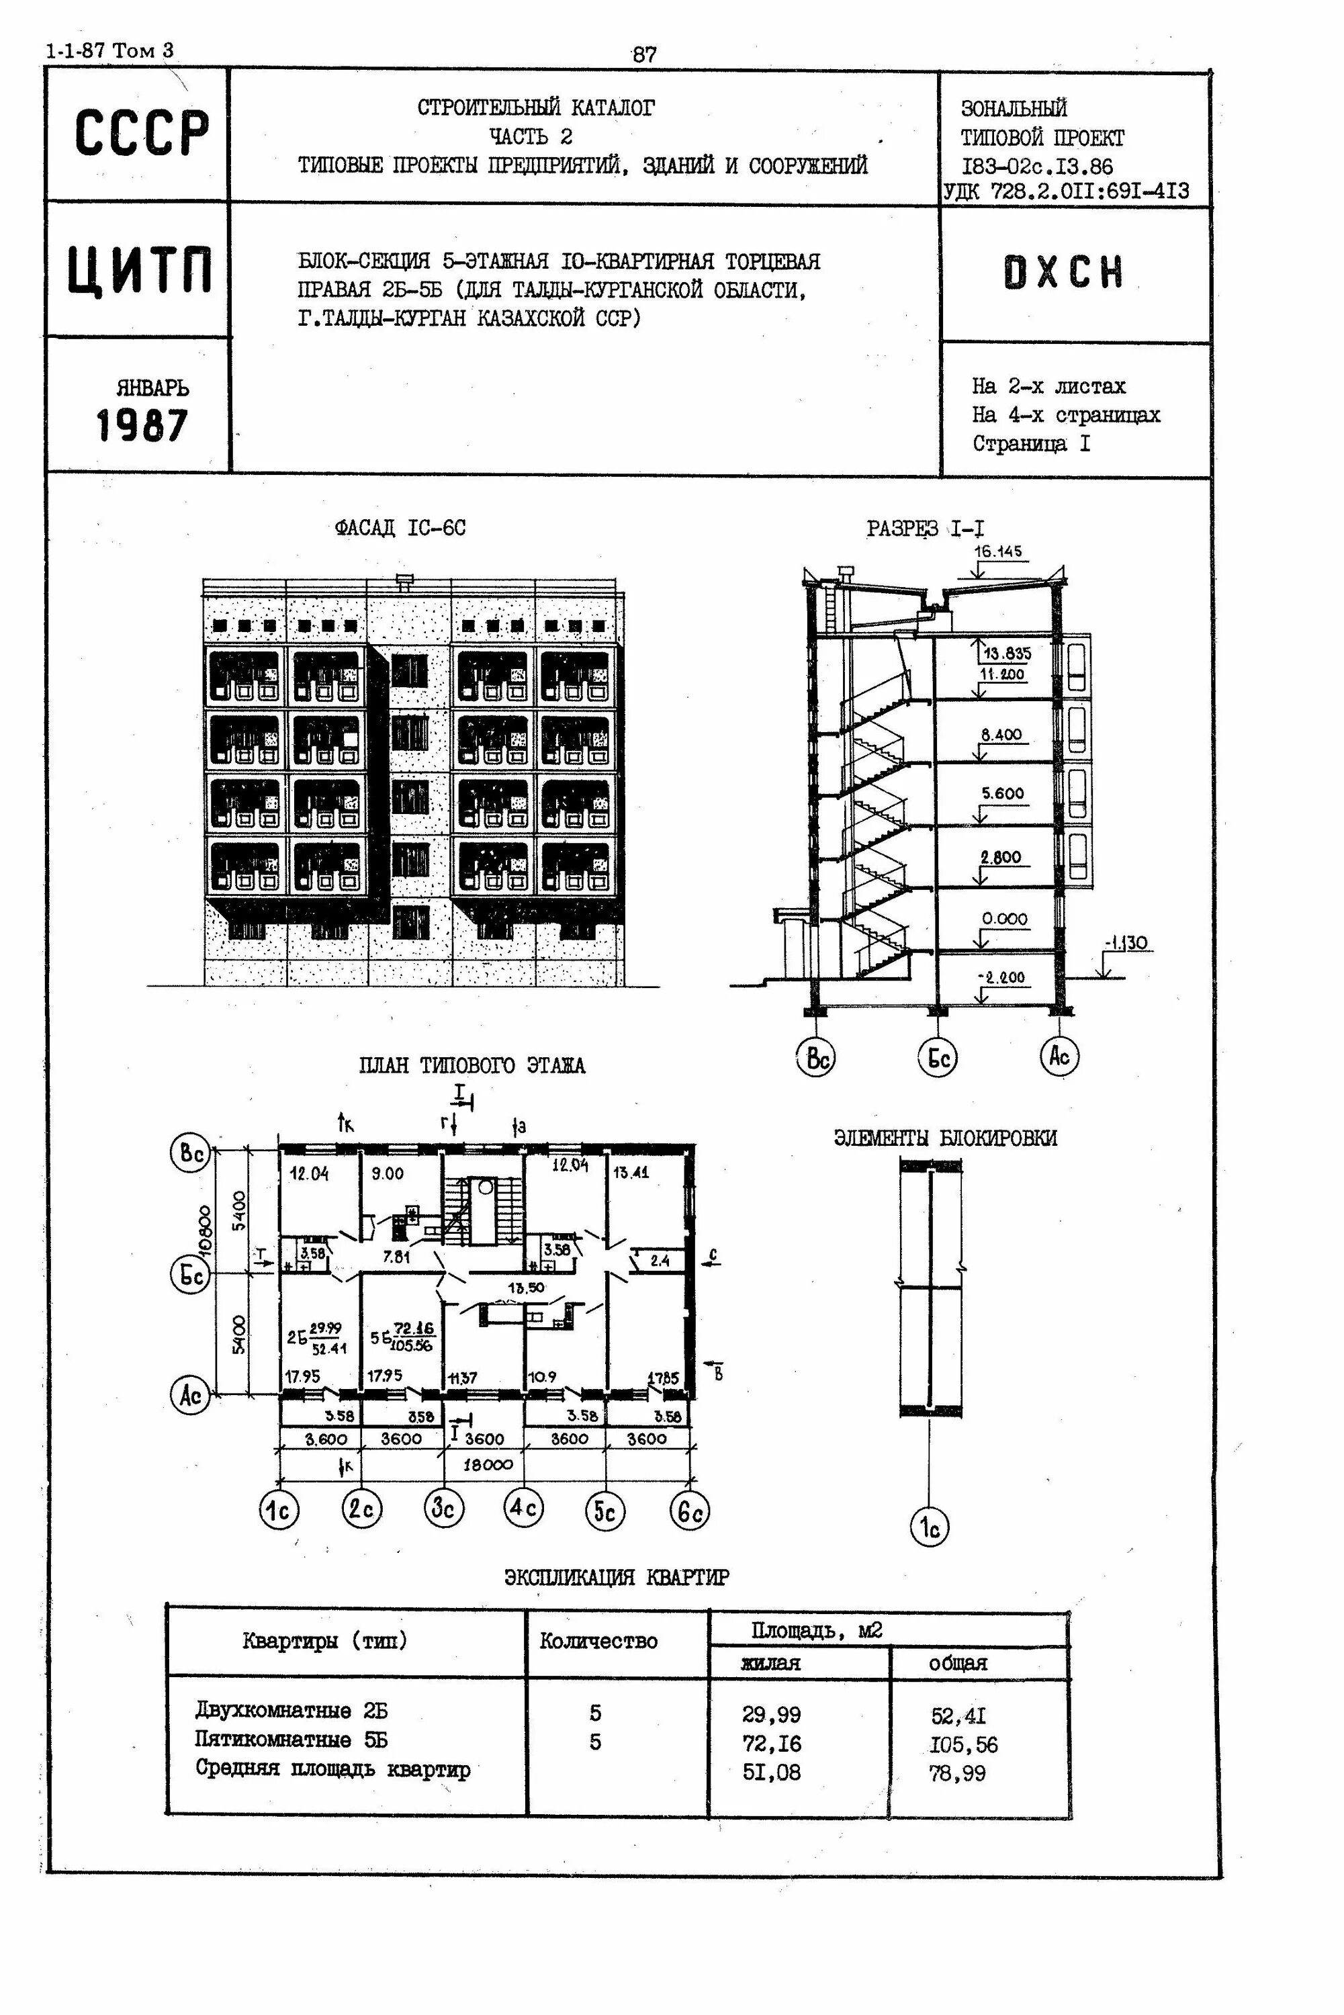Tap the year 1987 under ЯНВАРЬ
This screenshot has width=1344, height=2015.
[x=142, y=426]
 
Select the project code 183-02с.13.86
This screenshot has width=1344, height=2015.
[x=1036, y=167]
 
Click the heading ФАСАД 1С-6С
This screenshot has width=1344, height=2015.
[x=400, y=528]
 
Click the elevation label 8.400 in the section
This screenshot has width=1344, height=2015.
[x=1001, y=735]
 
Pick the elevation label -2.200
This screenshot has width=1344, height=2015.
[x=1001, y=977]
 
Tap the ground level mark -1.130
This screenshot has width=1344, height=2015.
[x=1126, y=944]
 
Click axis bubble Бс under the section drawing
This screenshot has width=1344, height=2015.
[x=937, y=1058]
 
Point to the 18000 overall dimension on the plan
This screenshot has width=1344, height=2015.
[x=488, y=1465]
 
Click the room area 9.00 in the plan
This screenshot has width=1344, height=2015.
[x=388, y=1173]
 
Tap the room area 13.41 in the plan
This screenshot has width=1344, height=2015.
[x=631, y=1173]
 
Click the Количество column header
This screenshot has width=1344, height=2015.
[x=598, y=1642]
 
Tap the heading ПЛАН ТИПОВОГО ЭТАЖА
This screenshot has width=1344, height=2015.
[x=472, y=1066]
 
